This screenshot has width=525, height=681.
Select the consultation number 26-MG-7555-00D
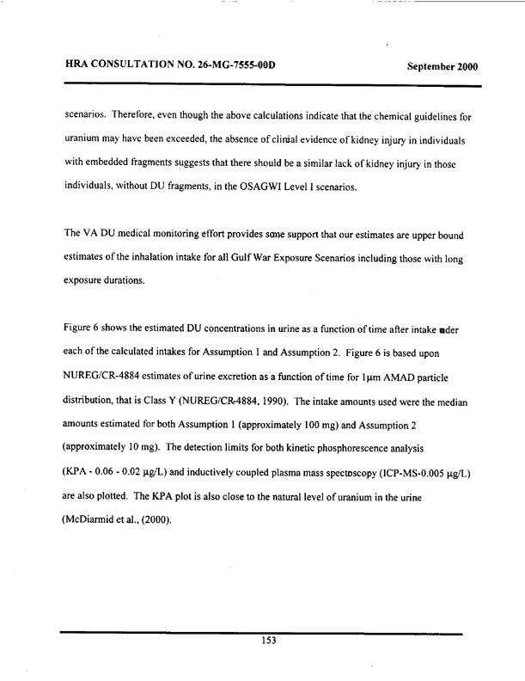(x=224, y=67)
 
